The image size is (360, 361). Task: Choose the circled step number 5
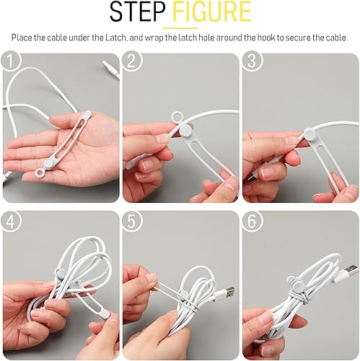point(132,221)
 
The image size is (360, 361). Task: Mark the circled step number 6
point(251,221)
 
